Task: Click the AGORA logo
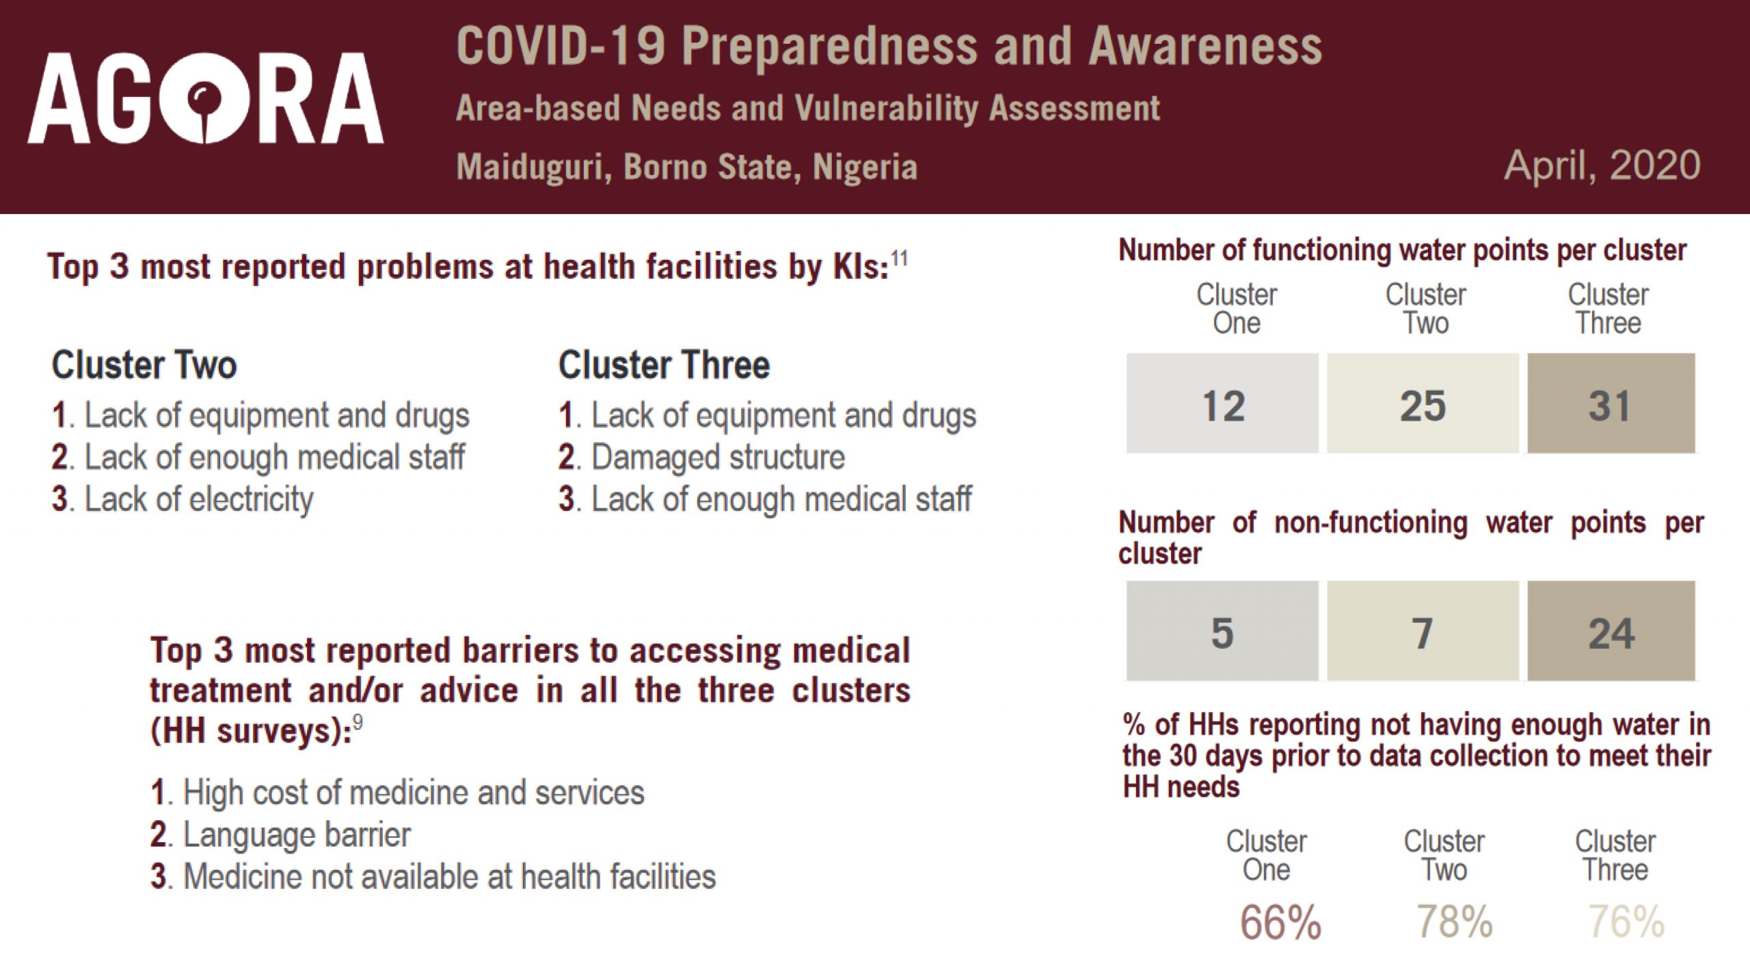coord(206,98)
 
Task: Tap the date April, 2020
coord(1602,166)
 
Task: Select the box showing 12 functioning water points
coord(1222,404)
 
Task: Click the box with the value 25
coord(1423,404)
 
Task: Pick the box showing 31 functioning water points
coord(1611,404)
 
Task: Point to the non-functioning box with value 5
coord(1222,631)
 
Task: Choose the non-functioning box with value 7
coord(1423,631)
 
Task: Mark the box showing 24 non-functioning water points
coord(1611,631)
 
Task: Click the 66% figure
coord(1280,922)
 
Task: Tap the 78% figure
coord(1455,922)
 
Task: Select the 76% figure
coord(1626,922)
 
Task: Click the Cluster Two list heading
coord(144,365)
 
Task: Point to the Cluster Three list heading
coord(664,365)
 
